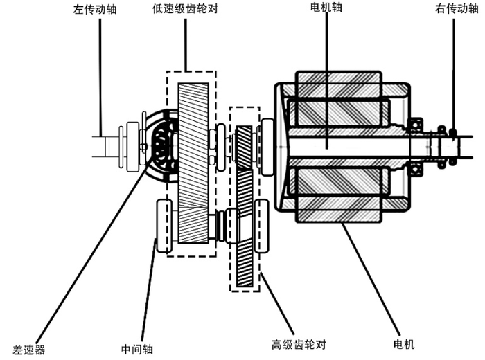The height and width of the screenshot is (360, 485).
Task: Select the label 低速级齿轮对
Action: coord(186,10)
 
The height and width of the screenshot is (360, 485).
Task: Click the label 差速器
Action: coord(29,350)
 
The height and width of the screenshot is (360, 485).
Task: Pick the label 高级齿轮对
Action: coord(299,344)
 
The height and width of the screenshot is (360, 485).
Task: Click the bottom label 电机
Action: coord(404,343)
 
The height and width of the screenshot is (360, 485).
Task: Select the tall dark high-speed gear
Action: coord(245,222)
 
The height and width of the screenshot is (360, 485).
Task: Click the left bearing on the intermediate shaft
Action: coord(165,226)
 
